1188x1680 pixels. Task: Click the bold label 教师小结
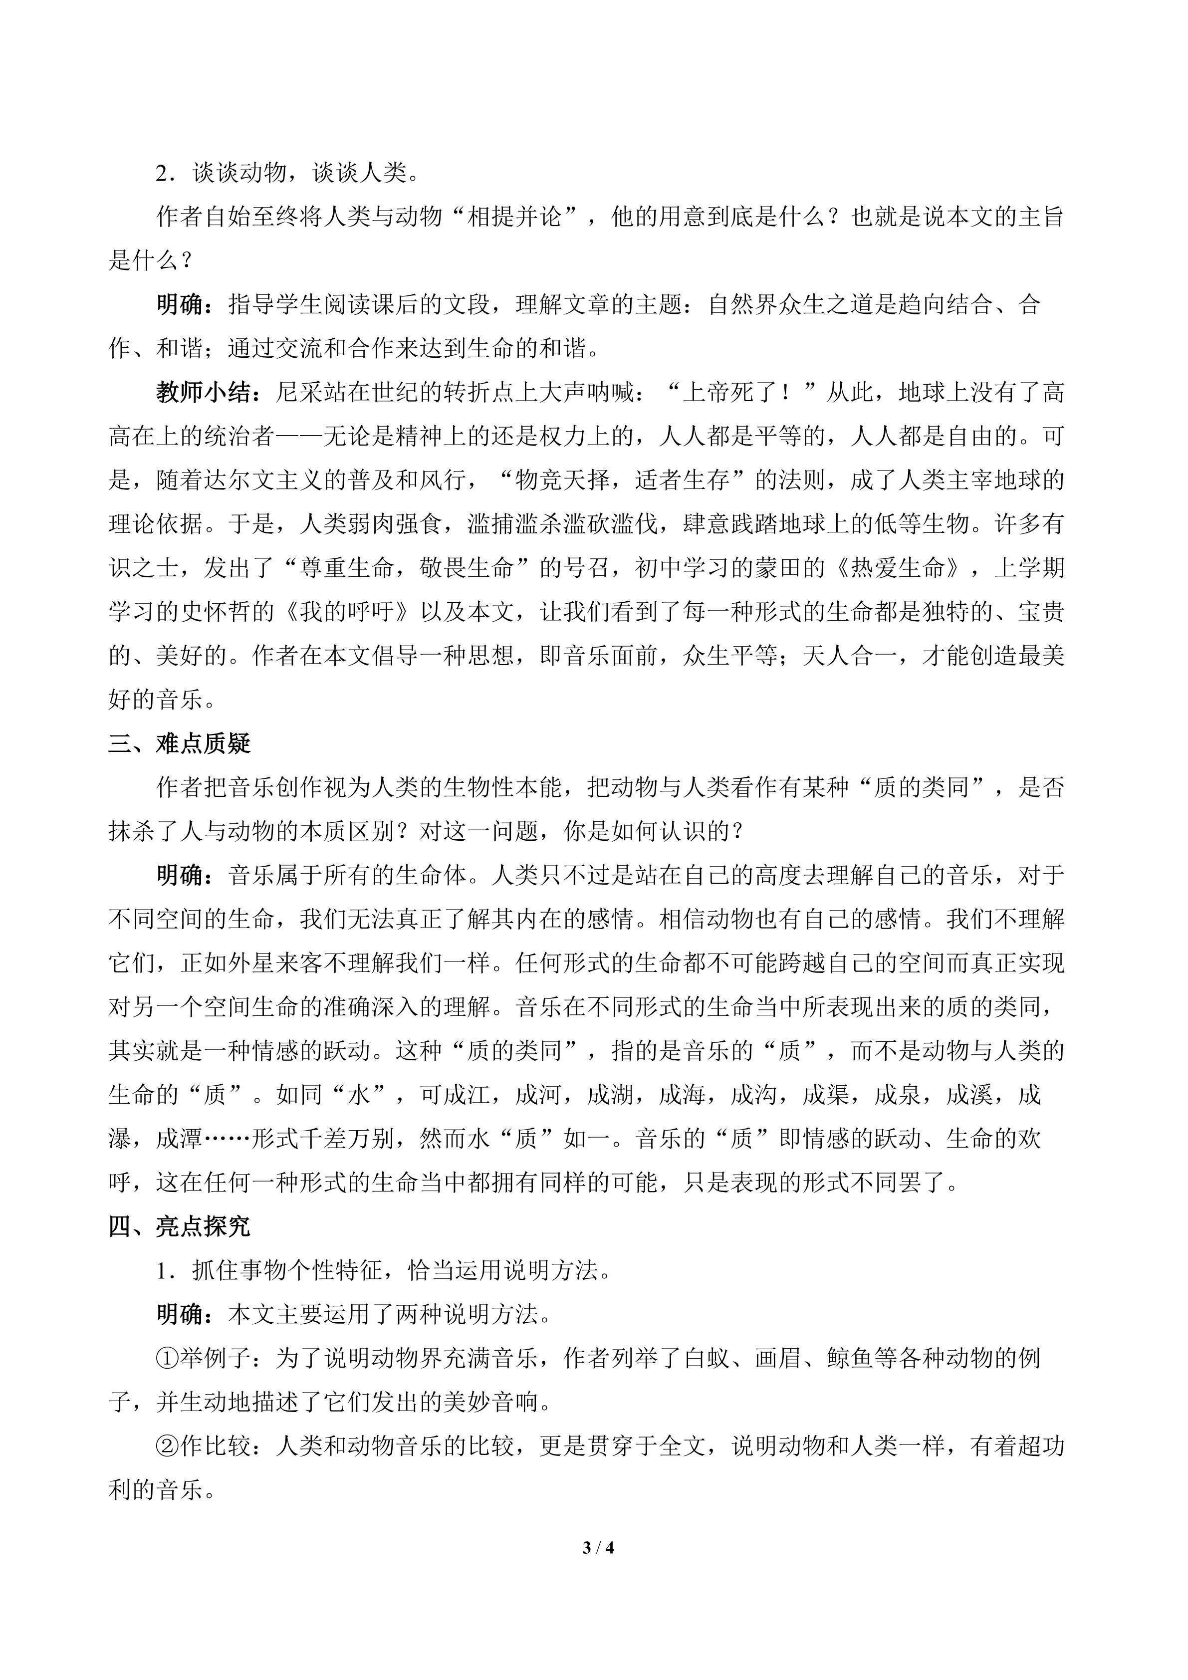pos(204,393)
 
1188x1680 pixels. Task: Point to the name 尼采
pos(299,393)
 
